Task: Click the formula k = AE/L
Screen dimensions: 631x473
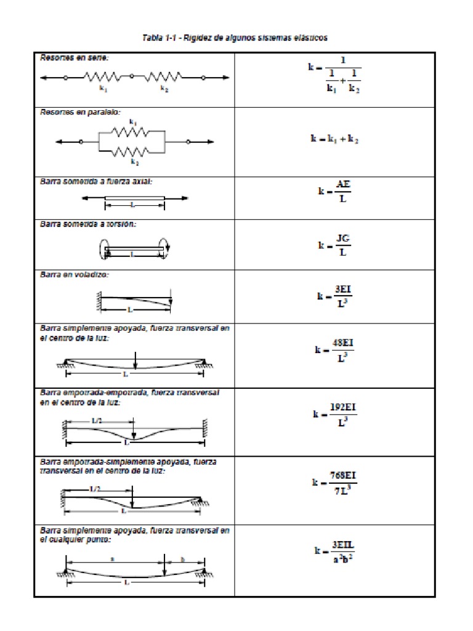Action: (335, 191)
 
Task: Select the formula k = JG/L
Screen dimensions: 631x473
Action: (335, 245)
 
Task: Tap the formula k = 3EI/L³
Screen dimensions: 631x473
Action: (335, 296)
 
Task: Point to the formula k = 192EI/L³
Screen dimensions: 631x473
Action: (335, 415)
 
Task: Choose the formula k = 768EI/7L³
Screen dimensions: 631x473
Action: (335, 482)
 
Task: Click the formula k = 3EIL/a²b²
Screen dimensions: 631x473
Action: (335, 551)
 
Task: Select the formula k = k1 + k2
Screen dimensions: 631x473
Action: (334, 139)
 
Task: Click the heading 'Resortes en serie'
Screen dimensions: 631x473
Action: (74, 58)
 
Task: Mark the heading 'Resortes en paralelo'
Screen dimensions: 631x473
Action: (81, 112)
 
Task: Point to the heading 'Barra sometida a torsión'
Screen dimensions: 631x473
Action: (88, 224)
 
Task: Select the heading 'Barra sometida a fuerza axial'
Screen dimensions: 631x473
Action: (96, 182)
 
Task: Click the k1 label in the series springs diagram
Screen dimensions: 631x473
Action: (103, 89)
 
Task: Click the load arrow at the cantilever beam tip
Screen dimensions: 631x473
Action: (171, 300)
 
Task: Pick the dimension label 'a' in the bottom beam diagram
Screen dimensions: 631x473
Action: (112, 559)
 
